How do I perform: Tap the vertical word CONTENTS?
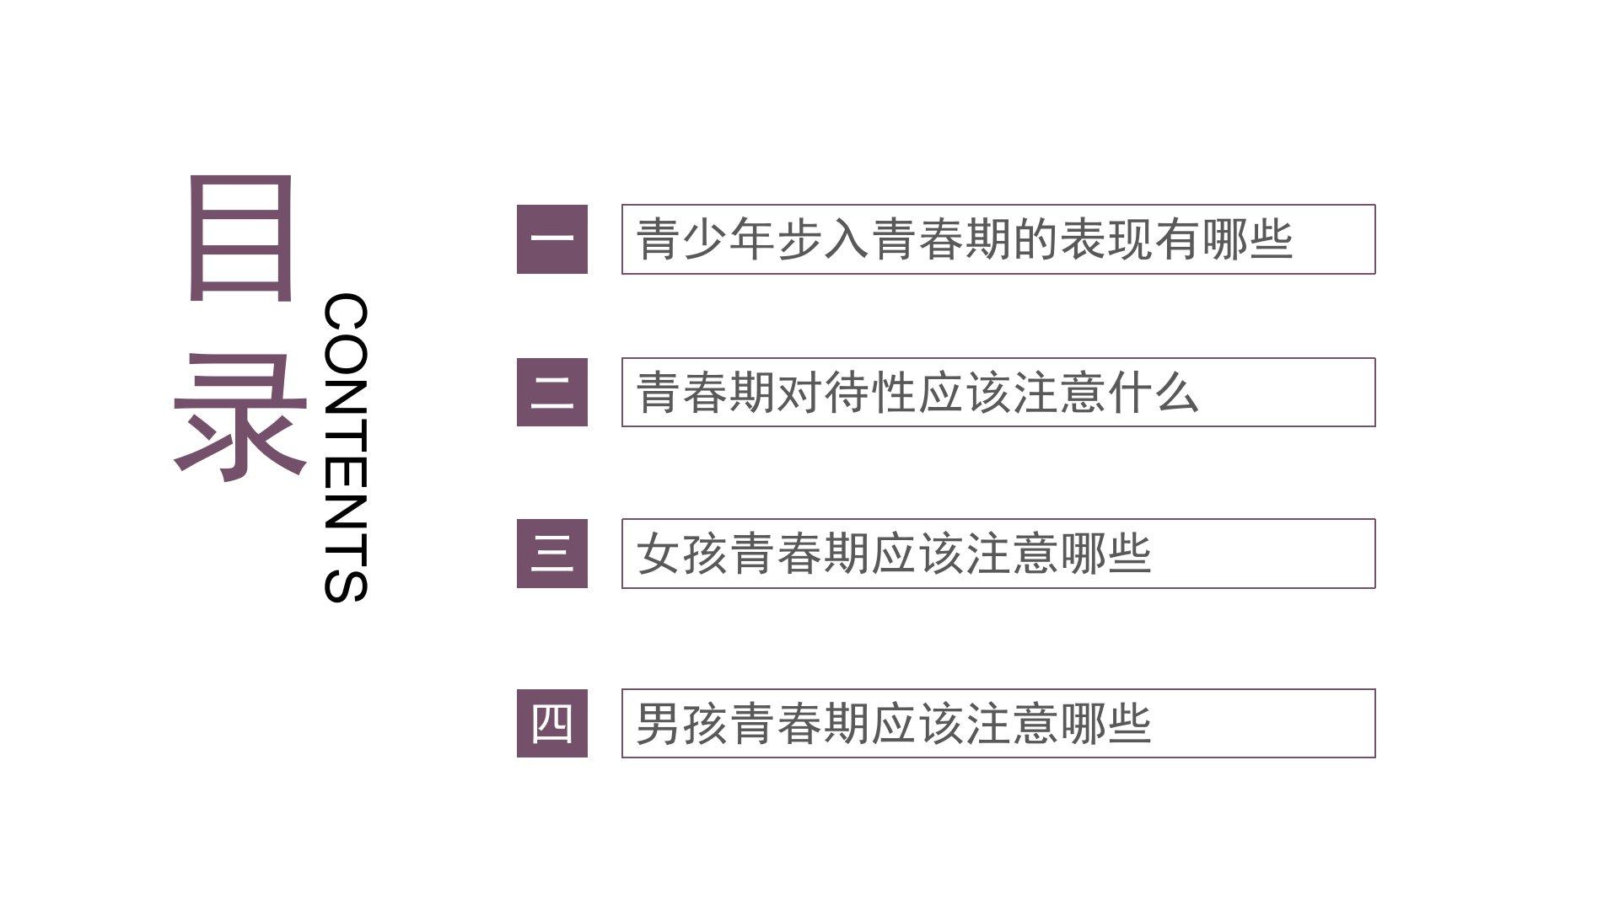click(346, 447)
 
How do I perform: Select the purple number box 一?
click(551, 239)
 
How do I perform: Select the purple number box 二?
click(551, 393)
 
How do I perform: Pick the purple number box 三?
click(551, 554)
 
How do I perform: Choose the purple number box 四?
click(551, 724)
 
